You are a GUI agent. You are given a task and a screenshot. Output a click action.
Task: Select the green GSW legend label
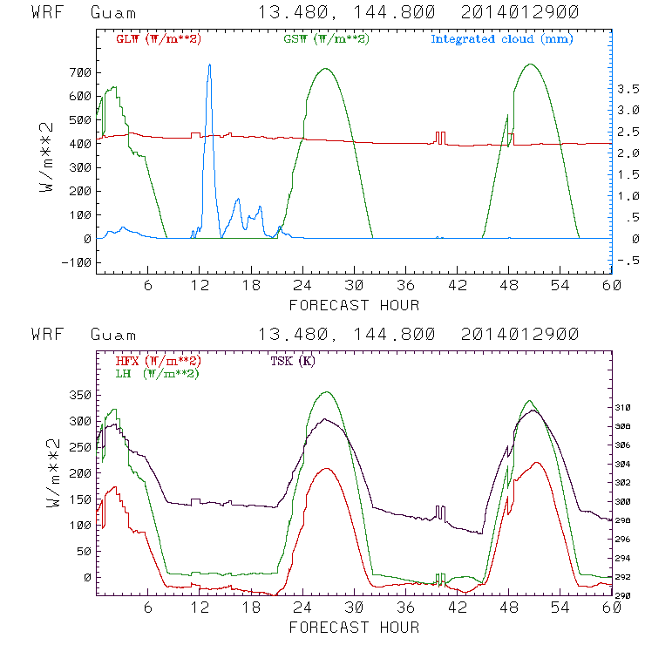coord(322,39)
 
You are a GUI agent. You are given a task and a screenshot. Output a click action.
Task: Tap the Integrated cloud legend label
coord(502,39)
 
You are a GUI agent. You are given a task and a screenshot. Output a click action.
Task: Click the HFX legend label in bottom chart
coord(158,361)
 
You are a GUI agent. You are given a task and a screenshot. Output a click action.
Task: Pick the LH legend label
coord(158,373)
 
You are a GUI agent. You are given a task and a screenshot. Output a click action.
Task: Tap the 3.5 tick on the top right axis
coord(628,89)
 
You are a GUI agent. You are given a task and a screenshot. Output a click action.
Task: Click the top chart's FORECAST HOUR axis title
coord(354,305)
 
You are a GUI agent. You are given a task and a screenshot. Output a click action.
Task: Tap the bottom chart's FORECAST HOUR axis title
coord(354,627)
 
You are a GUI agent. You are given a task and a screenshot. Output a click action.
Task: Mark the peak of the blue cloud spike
coord(209,65)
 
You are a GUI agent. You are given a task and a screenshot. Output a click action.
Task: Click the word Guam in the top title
coord(113,13)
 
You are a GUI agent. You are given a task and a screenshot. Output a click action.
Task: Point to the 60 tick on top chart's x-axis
coord(611,286)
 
